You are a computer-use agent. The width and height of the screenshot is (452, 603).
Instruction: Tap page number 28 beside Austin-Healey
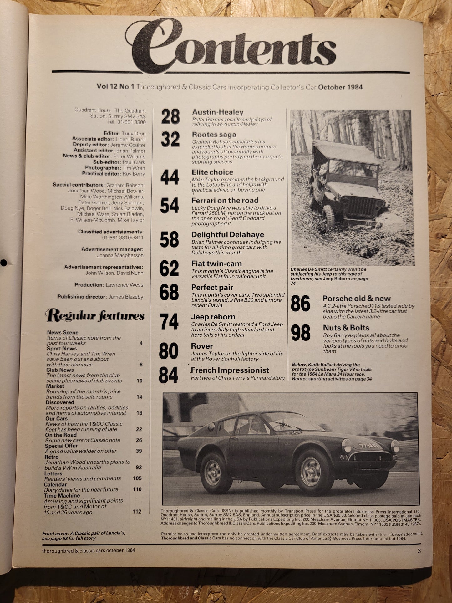click(x=170, y=117)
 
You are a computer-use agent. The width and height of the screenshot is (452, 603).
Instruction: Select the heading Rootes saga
click(x=214, y=135)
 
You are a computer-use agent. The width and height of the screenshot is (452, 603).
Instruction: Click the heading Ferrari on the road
click(x=225, y=201)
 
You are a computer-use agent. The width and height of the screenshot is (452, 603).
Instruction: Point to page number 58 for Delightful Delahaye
click(x=169, y=240)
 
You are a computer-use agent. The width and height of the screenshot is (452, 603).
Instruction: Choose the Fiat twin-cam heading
click(x=216, y=264)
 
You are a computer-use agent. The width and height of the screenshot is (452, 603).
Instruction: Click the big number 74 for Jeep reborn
click(x=169, y=322)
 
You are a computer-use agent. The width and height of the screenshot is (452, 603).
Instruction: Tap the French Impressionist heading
click(x=230, y=370)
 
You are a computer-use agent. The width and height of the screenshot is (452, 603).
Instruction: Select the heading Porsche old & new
click(x=357, y=299)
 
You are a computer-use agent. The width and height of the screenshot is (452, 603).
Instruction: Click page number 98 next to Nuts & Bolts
click(x=300, y=333)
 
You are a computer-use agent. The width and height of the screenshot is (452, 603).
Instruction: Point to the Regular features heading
click(x=95, y=316)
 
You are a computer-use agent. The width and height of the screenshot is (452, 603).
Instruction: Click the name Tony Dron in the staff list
click(x=134, y=134)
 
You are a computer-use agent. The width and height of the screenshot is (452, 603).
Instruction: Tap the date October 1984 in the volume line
click(x=340, y=87)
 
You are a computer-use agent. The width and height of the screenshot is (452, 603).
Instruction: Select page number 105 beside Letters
click(x=137, y=478)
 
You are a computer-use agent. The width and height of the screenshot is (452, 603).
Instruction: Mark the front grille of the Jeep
click(x=363, y=207)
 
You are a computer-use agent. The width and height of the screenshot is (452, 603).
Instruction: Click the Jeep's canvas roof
click(x=344, y=152)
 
